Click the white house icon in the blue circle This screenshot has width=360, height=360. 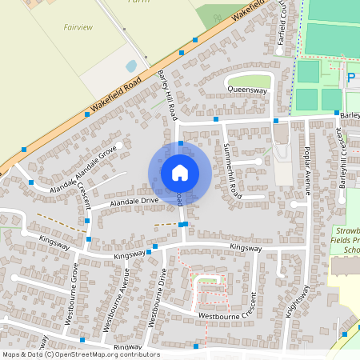click(x=179, y=172)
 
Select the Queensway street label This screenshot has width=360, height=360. click(x=246, y=90)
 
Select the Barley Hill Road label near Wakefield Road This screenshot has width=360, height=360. click(x=166, y=87)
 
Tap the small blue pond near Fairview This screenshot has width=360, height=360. click(x=131, y=66)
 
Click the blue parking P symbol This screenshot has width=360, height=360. click(x=350, y=78)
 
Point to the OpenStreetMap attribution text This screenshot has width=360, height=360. click(x=80, y=354)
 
